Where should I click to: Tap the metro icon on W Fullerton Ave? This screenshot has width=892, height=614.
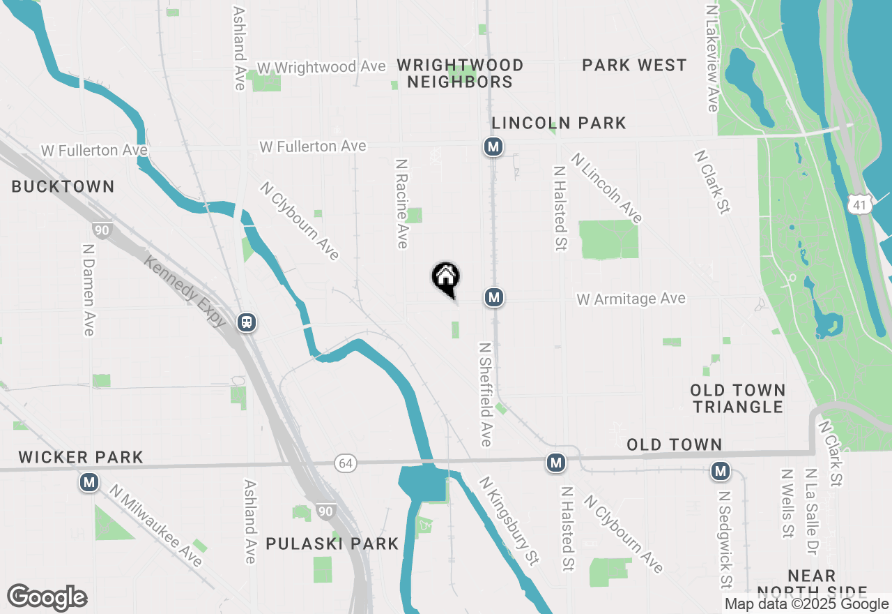tap(493, 147)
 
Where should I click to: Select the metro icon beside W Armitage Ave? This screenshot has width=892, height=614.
tap(494, 297)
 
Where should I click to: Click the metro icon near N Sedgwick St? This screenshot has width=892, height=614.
tap(721, 471)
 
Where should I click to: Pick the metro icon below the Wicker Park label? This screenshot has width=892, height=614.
tap(89, 481)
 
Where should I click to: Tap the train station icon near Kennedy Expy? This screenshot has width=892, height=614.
tap(246, 322)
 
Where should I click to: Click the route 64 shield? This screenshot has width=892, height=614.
tap(344, 463)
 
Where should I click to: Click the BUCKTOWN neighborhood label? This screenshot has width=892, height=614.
tap(63, 186)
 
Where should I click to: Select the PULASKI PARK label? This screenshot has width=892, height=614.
tap(332, 544)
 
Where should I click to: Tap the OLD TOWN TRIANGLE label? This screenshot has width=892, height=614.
tap(738, 398)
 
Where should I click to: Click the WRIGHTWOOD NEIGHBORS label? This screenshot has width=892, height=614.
tap(460, 73)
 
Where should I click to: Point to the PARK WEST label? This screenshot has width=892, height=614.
tap(634, 65)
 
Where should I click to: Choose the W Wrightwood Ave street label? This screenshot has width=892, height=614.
tap(321, 67)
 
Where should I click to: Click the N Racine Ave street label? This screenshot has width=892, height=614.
tap(401, 203)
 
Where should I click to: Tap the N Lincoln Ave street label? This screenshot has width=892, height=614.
tap(606, 188)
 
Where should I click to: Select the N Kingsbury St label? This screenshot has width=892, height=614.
tap(509, 520)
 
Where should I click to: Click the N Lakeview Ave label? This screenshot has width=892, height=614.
tap(712, 59)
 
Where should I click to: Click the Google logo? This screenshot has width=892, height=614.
tap(47, 597)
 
